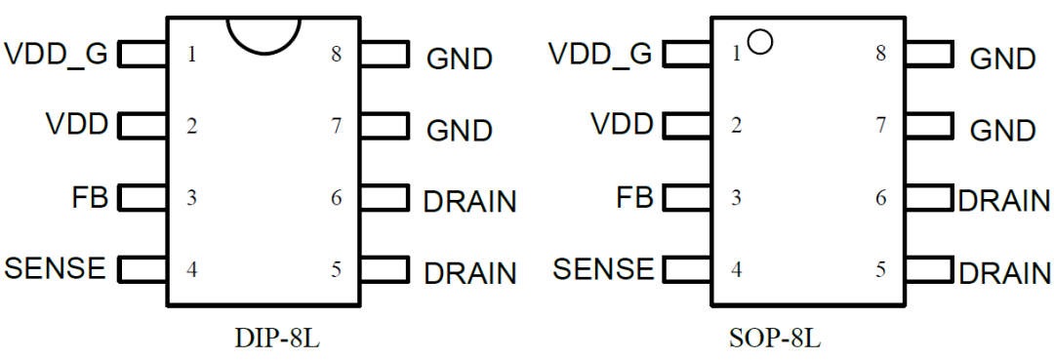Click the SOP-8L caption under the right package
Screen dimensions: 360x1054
(775, 340)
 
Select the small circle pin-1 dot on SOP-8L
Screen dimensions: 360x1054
(759, 42)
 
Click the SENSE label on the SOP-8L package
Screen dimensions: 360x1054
(603, 268)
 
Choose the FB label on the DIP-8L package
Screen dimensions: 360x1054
(91, 198)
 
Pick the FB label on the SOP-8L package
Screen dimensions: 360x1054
(634, 198)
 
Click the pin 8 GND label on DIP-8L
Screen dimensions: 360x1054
(459, 59)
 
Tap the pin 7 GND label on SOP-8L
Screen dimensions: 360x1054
(1002, 130)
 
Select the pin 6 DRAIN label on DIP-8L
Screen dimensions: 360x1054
(469, 202)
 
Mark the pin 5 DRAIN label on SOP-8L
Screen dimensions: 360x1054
(1004, 273)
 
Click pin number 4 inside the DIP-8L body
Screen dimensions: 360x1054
(192, 270)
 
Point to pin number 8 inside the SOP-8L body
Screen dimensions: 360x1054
(880, 54)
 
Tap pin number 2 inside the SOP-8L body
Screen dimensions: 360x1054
(736, 126)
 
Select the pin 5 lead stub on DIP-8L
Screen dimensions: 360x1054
(385, 269)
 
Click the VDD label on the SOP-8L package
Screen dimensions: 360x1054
(622, 125)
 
